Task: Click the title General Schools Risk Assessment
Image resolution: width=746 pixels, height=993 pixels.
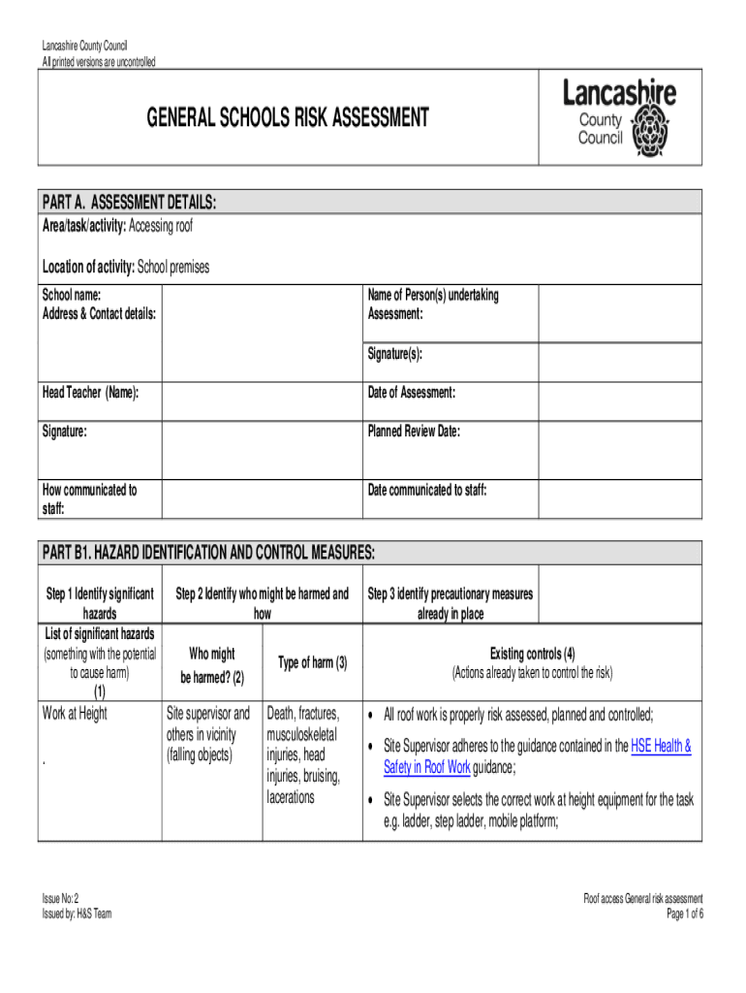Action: (x=287, y=118)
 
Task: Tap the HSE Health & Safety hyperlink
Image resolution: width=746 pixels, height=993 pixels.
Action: (x=661, y=746)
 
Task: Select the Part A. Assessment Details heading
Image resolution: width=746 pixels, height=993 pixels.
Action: (x=129, y=202)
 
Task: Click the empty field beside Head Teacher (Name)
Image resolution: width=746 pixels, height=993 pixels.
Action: (x=261, y=400)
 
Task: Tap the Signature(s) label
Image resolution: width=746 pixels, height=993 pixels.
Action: (x=395, y=354)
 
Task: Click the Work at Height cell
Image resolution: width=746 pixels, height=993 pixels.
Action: (x=76, y=715)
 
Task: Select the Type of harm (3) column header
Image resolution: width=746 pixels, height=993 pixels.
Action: (x=312, y=663)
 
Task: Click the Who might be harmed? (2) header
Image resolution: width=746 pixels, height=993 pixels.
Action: (x=211, y=664)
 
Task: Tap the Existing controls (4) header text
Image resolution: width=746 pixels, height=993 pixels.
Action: (x=532, y=654)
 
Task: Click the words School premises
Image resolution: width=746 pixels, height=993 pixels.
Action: (x=173, y=267)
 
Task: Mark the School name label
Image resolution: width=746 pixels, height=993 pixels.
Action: (x=71, y=296)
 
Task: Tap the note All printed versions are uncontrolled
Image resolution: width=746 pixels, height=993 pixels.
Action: (x=98, y=62)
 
